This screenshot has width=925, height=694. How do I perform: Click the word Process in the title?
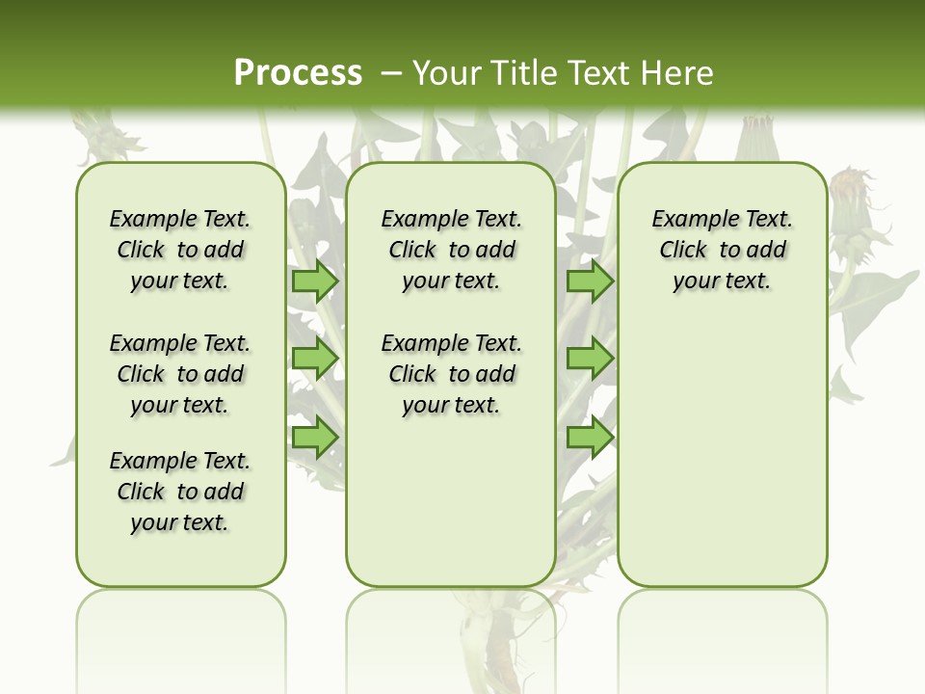tap(298, 72)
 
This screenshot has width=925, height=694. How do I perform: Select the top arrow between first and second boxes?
tap(315, 280)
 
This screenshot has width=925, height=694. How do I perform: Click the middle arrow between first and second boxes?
tap(315, 359)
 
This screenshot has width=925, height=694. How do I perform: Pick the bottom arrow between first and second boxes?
tap(315, 438)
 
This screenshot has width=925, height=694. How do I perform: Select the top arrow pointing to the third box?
tap(590, 280)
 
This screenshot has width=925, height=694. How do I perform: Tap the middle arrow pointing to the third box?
tap(590, 359)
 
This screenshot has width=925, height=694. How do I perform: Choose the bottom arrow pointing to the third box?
tap(590, 438)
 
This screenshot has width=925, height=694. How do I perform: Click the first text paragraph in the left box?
tap(180, 250)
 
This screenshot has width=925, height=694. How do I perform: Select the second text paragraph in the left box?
tap(180, 374)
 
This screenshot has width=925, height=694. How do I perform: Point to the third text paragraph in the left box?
tap(180, 492)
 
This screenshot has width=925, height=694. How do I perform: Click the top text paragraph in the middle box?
tap(451, 250)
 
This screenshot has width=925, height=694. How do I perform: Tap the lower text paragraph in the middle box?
tap(451, 374)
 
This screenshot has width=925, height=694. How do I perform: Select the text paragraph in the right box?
tap(722, 250)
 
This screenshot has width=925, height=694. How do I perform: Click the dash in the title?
tap(391, 72)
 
